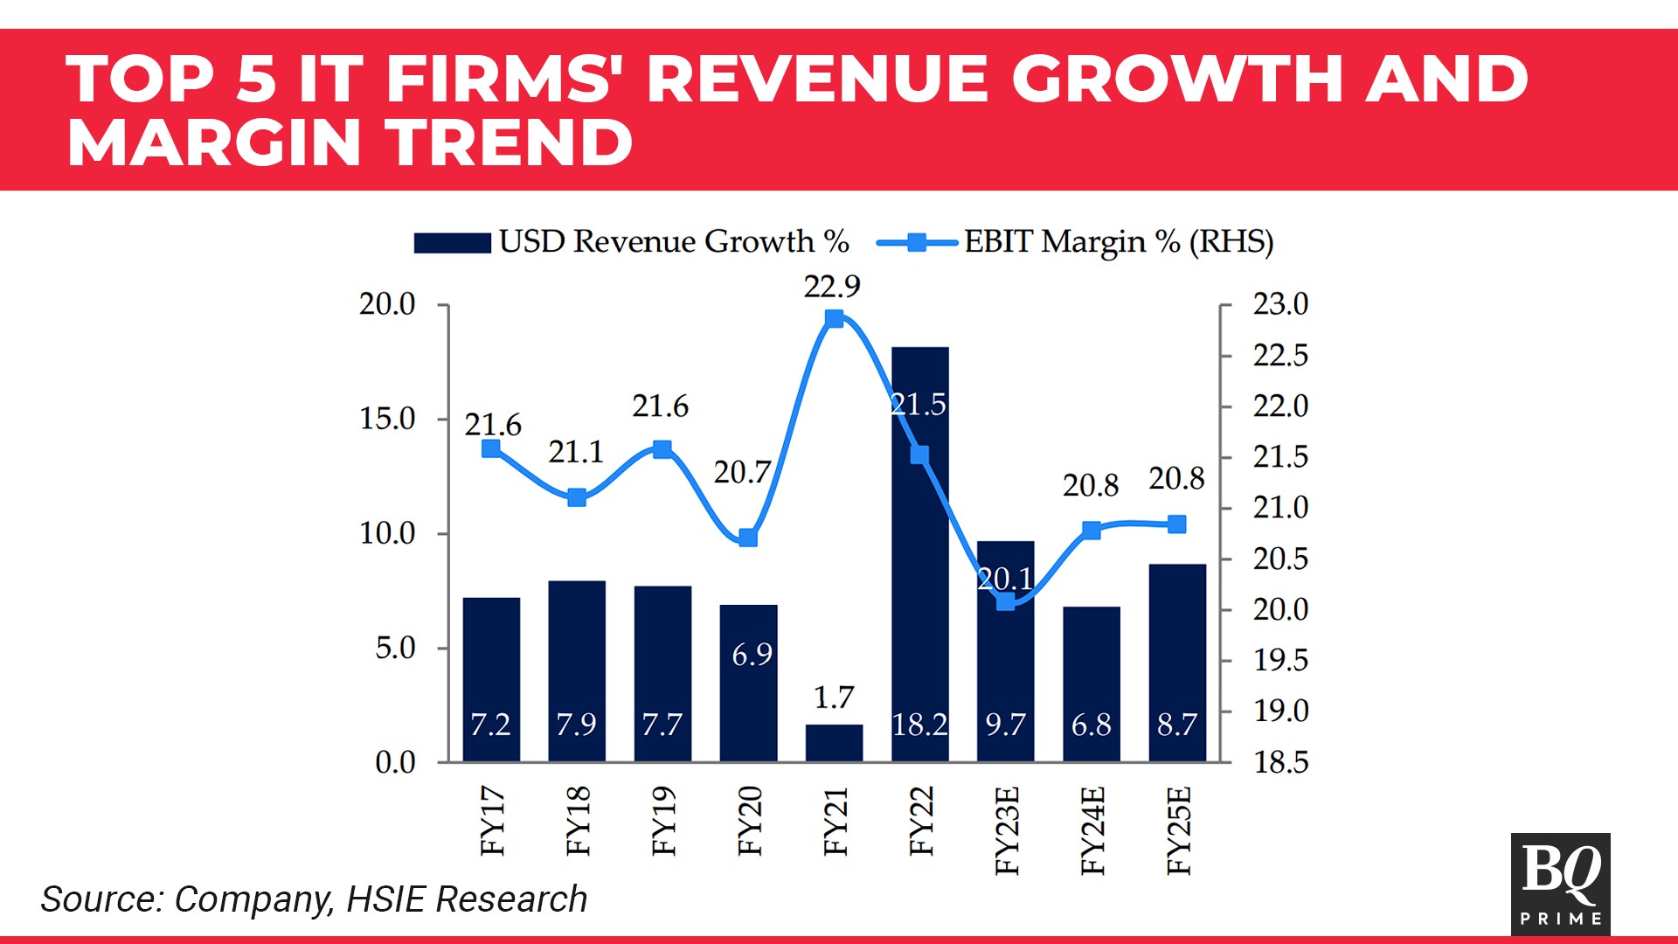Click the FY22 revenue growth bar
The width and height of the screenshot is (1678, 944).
(x=919, y=559)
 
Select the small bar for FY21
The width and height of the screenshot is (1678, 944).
(x=834, y=743)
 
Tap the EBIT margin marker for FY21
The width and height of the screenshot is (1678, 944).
(x=835, y=319)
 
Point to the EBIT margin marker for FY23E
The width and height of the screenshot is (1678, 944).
(x=1006, y=601)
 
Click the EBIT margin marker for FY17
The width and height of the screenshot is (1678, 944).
(x=491, y=449)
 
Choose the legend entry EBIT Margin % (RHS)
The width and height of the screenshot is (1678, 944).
(x=1075, y=242)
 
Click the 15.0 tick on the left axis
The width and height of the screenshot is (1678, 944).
(x=387, y=419)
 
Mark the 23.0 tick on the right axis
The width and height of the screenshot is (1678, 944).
(x=1280, y=304)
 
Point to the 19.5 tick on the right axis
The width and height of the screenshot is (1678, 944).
(x=1280, y=661)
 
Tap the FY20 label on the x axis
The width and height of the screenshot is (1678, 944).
(x=750, y=821)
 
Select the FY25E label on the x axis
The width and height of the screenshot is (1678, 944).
(x=1179, y=830)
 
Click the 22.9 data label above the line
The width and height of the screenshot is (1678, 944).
(x=832, y=287)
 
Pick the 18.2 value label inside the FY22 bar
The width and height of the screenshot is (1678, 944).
(x=919, y=725)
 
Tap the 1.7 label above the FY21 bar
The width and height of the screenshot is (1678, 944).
(x=834, y=698)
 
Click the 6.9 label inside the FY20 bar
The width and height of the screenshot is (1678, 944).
(x=752, y=655)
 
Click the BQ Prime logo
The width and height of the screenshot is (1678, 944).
(x=1560, y=883)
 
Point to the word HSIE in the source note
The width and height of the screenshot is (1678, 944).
(x=385, y=899)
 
